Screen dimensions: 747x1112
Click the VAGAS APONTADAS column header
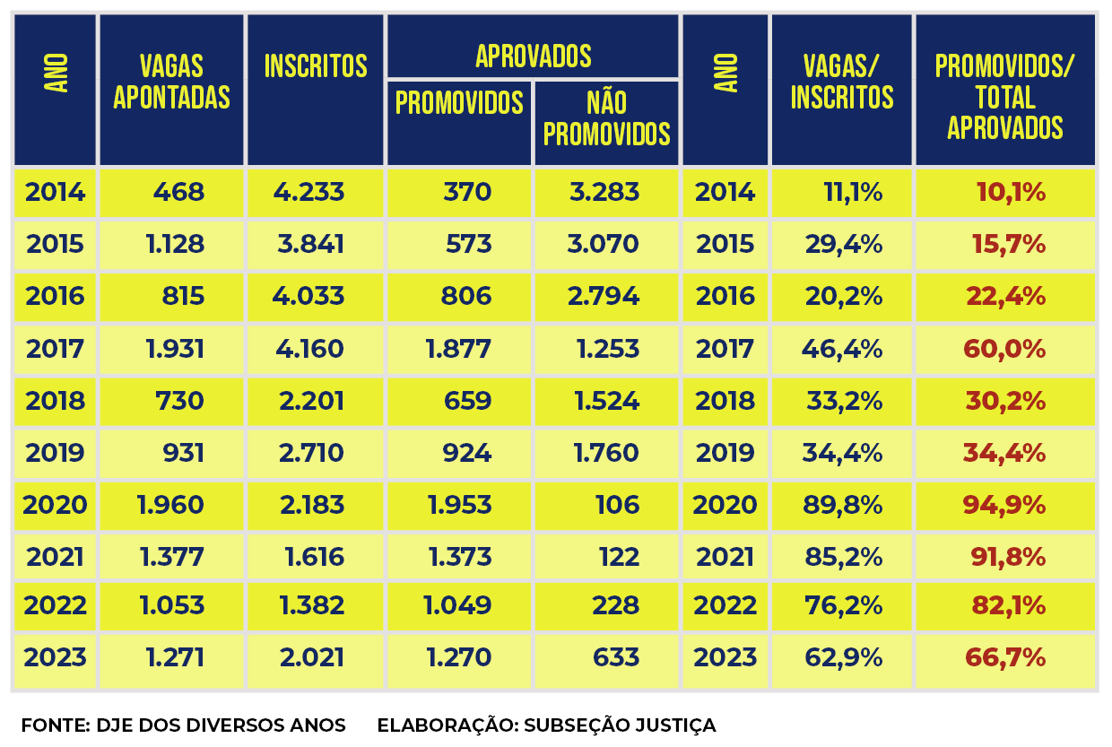[x=171, y=81]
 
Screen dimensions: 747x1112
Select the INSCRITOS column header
[x=316, y=66]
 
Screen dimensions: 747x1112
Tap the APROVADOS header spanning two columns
[x=533, y=56]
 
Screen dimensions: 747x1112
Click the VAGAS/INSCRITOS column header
[x=841, y=81]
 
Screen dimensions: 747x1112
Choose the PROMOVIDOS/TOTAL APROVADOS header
[x=1004, y=96]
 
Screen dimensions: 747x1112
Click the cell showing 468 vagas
[x=178, y=192]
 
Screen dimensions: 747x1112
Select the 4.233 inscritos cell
[x=311, y=192]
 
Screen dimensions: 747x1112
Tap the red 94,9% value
[x=1004, y=505]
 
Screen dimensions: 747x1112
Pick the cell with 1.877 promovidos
[x=458, y=348]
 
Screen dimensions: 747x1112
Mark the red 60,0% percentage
[x=1004, y=348]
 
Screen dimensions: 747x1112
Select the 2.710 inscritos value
[x=311, y=453]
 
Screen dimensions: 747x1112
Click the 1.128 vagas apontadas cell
[x=175, y=244]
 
